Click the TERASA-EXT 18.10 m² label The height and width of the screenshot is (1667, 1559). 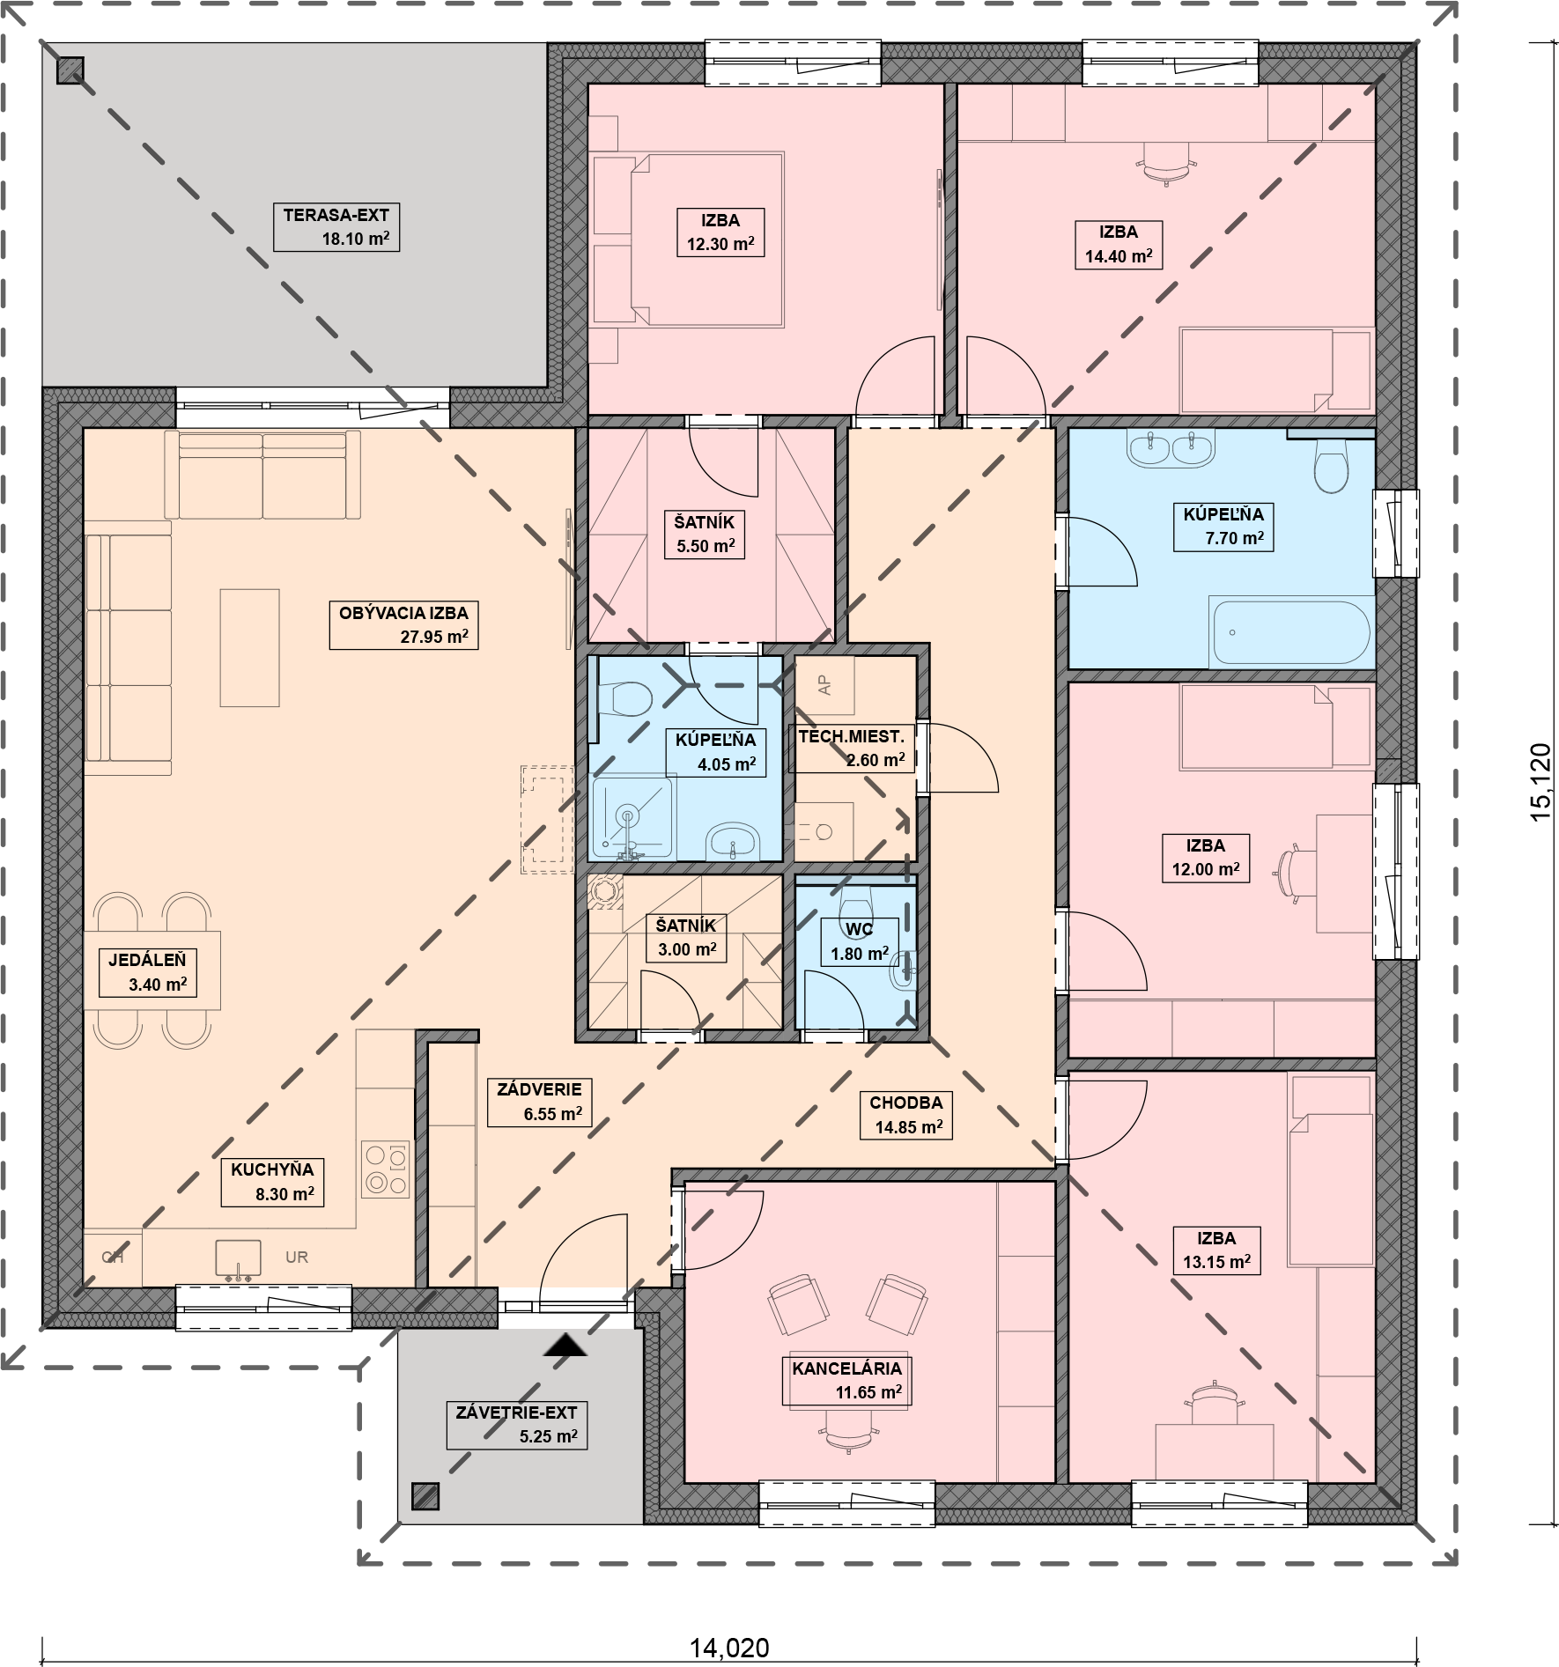pyautogui.click(x=336, y=227)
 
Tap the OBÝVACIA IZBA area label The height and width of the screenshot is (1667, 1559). pyautogui.click(x=403, y=624)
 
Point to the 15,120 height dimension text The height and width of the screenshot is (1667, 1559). pyautogui.click(x=1542, y=783)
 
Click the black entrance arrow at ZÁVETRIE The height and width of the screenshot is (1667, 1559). pyautogui.click(x=565, y=1343)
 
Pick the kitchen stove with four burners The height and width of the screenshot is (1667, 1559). pyautogui.click(x=386, y=1169)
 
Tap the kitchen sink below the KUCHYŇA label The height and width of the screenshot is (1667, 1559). pyautogui.click(x=239, y=1259)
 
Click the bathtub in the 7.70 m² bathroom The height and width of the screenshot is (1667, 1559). pyautogui.click(x=1291, y=632)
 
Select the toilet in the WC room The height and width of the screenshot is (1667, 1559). pyautogui.click(x=855, y=901)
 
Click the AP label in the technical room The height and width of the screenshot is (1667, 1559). pyautogui.click(x=824, y=686)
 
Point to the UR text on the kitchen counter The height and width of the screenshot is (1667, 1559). pyautogui.click(x=297, y=1258)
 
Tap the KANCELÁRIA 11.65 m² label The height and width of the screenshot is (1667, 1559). pyautogui.click(x=846, y=1380)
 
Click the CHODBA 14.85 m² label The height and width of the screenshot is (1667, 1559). pyautogui.click(x=907, y=1114)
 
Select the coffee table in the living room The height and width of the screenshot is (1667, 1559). pyautogui.click(x=249, y=647)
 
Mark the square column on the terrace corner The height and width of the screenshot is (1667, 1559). pyautogui.click(x=70, y=70)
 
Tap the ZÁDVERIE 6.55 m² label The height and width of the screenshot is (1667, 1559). pyautogui.click(x=539, y=1102)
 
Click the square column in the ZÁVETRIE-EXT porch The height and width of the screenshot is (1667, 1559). pyautogui.click(x=425, y=1495)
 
